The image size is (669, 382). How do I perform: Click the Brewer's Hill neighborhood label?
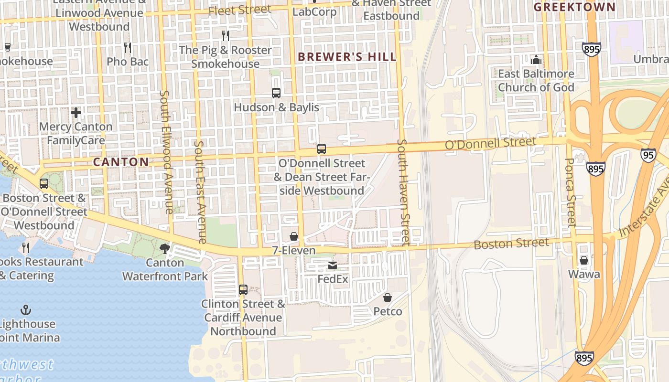347,57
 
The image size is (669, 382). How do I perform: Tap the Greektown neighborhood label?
574,7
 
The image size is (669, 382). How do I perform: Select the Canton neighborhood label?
121,162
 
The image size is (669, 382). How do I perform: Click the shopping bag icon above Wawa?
584,260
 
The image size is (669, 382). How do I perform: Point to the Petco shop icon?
388,297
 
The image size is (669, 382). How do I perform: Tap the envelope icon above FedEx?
333,265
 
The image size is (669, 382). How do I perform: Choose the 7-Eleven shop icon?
294,237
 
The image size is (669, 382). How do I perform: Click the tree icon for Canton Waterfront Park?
165,248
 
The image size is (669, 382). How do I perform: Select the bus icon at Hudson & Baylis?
276,93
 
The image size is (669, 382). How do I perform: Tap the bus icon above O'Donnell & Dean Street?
322,149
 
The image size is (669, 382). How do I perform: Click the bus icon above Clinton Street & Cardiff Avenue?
243,290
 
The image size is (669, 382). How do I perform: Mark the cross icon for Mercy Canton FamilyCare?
76,113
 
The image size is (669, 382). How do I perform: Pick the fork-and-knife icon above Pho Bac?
128,48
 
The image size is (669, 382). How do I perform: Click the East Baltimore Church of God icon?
536,60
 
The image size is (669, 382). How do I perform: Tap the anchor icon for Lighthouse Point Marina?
26,310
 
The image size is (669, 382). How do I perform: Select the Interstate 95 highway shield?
648,155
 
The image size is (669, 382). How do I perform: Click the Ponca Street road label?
570,191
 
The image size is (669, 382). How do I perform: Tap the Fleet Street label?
240,10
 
